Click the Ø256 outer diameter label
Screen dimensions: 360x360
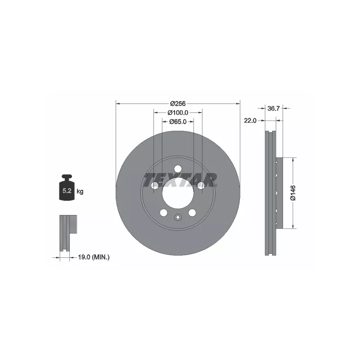click(x=178, y=103)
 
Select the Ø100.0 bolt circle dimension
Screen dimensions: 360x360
click(x=178, y=112)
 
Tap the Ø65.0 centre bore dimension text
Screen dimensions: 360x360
click(x=178, y=121)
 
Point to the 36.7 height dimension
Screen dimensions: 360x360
click(x=274, y=108)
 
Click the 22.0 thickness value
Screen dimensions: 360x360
click(x=250, y=121)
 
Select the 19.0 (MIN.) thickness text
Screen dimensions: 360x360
click(x=94, y=257)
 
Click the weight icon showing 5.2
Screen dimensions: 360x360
click(x=67, y=190)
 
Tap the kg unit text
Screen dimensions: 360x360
click(x=80, y=191)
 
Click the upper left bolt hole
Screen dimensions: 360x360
click(x=155, y=185)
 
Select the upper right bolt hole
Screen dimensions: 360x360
click(x=201, y=185)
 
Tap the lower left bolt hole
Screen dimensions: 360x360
click(x=164, y=212)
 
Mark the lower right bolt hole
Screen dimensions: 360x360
click(x=192, y=212)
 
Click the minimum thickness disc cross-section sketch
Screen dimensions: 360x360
click(x=66, y=233)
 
